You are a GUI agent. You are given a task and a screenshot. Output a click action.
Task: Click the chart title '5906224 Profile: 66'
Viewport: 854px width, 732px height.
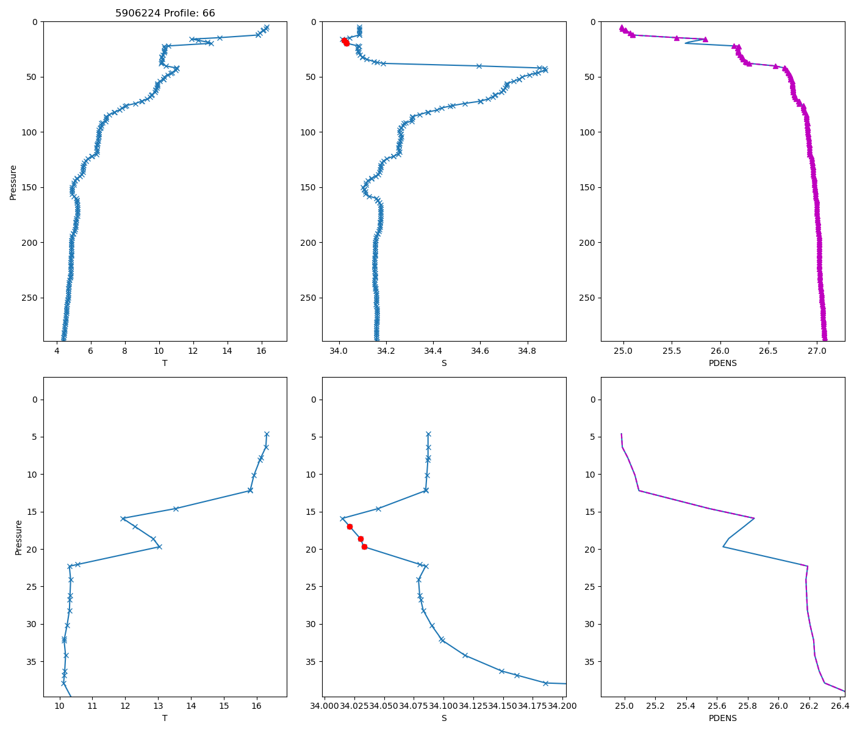point(165,13)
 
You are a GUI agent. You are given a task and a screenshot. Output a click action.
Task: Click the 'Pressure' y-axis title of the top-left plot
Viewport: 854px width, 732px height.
point(13,182)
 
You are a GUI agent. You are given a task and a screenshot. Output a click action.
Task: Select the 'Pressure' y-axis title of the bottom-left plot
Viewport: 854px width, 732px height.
point(18,537)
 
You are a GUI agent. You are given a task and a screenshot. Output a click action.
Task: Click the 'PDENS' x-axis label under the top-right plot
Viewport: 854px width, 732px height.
point(723,363)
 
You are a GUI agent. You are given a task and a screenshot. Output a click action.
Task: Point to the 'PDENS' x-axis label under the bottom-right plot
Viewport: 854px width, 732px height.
point(723,718)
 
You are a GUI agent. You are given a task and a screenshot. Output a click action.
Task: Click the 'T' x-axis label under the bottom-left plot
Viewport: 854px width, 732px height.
point(165,718)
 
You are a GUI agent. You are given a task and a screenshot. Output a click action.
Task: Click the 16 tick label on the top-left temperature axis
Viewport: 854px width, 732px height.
point(261,352)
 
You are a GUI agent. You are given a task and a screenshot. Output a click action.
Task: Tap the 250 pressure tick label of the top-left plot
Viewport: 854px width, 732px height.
point(29,298)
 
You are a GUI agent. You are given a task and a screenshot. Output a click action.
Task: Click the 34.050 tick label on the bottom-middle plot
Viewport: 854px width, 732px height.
point(384,706)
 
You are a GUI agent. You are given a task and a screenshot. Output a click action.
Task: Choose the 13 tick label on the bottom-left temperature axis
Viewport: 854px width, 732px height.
point(158,706)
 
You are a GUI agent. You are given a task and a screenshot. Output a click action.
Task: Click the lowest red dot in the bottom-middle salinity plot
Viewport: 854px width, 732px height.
point(364,547)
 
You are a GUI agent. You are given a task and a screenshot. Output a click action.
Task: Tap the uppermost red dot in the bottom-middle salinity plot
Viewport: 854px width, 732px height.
point(350,526)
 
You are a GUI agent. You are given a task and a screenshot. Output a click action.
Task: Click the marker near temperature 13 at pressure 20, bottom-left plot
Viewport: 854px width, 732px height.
point(159,547)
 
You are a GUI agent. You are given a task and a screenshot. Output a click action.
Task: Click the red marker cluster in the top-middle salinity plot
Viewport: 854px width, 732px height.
point(345,42)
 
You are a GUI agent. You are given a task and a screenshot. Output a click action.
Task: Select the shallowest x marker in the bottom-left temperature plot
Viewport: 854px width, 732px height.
point(267,434)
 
